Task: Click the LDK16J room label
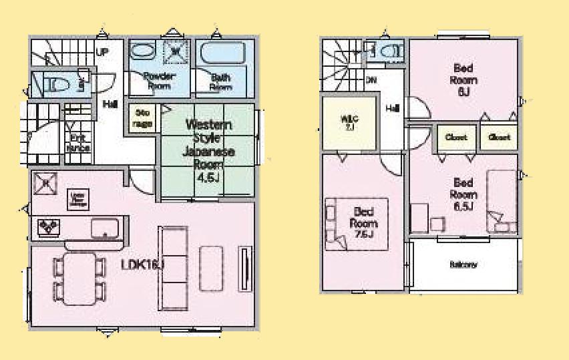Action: (142, 265)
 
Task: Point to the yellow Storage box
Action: (142, 118)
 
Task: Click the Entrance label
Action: (79, 143)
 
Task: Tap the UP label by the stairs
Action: (102, 51)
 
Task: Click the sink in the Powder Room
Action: (142, 51)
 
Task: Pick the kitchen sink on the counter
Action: (104, 227)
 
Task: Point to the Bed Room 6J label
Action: (465, 79)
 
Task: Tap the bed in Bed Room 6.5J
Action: (502, 201)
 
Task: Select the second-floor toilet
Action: (389, 51)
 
